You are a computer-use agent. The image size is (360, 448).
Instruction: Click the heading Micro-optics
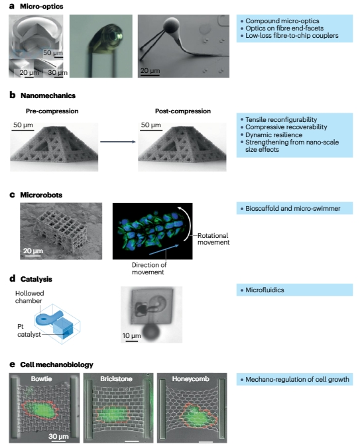pos(41,6)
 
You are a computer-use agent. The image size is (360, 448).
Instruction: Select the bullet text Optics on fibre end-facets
pos(284,28)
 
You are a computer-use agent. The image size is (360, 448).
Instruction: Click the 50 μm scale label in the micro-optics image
pos(53,53)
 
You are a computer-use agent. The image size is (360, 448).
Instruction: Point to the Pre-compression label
pos(52,111)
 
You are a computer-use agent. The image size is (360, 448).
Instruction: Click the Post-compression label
pos(183,111)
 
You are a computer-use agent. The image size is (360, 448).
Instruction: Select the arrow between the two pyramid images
pos(118,142)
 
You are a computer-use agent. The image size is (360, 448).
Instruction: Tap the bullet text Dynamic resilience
pos(274,135)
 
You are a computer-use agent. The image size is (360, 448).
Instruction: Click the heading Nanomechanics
pos(48,95)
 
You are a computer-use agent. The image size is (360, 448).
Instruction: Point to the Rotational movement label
pos(213,239)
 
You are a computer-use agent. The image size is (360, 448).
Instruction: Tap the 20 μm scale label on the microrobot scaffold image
pos(33,251)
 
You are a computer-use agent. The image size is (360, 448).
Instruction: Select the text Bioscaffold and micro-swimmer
pos(293,209)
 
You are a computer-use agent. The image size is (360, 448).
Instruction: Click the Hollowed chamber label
pos(29,297)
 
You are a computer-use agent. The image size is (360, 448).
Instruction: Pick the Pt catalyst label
pos(29,331)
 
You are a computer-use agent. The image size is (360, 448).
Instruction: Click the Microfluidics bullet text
pos(265,290)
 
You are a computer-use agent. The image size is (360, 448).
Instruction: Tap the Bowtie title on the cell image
pos(41,379)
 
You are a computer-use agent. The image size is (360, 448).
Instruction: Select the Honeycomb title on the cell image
pos(190,379)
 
